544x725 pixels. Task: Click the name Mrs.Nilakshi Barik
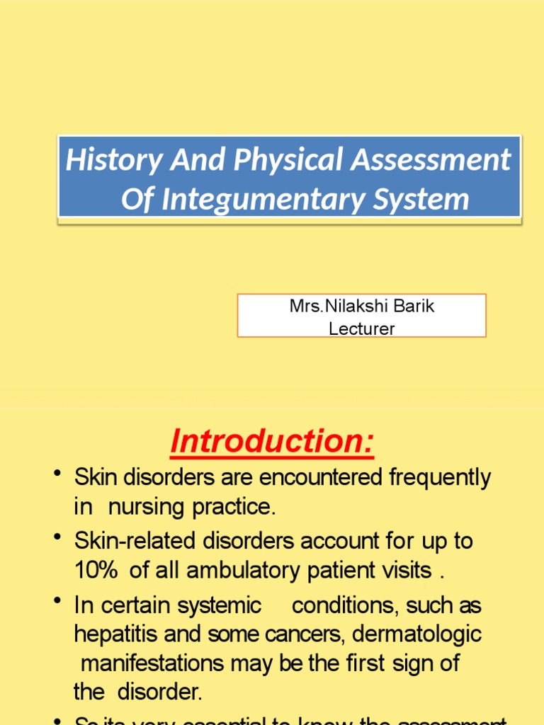(x=361, y=307)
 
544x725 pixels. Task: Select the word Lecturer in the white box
(x=361, y=328)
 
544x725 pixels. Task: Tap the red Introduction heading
(x=271, y=442)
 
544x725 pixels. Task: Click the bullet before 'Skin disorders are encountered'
(x=57, y=473)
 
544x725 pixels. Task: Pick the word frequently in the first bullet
(x=439, y=479)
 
